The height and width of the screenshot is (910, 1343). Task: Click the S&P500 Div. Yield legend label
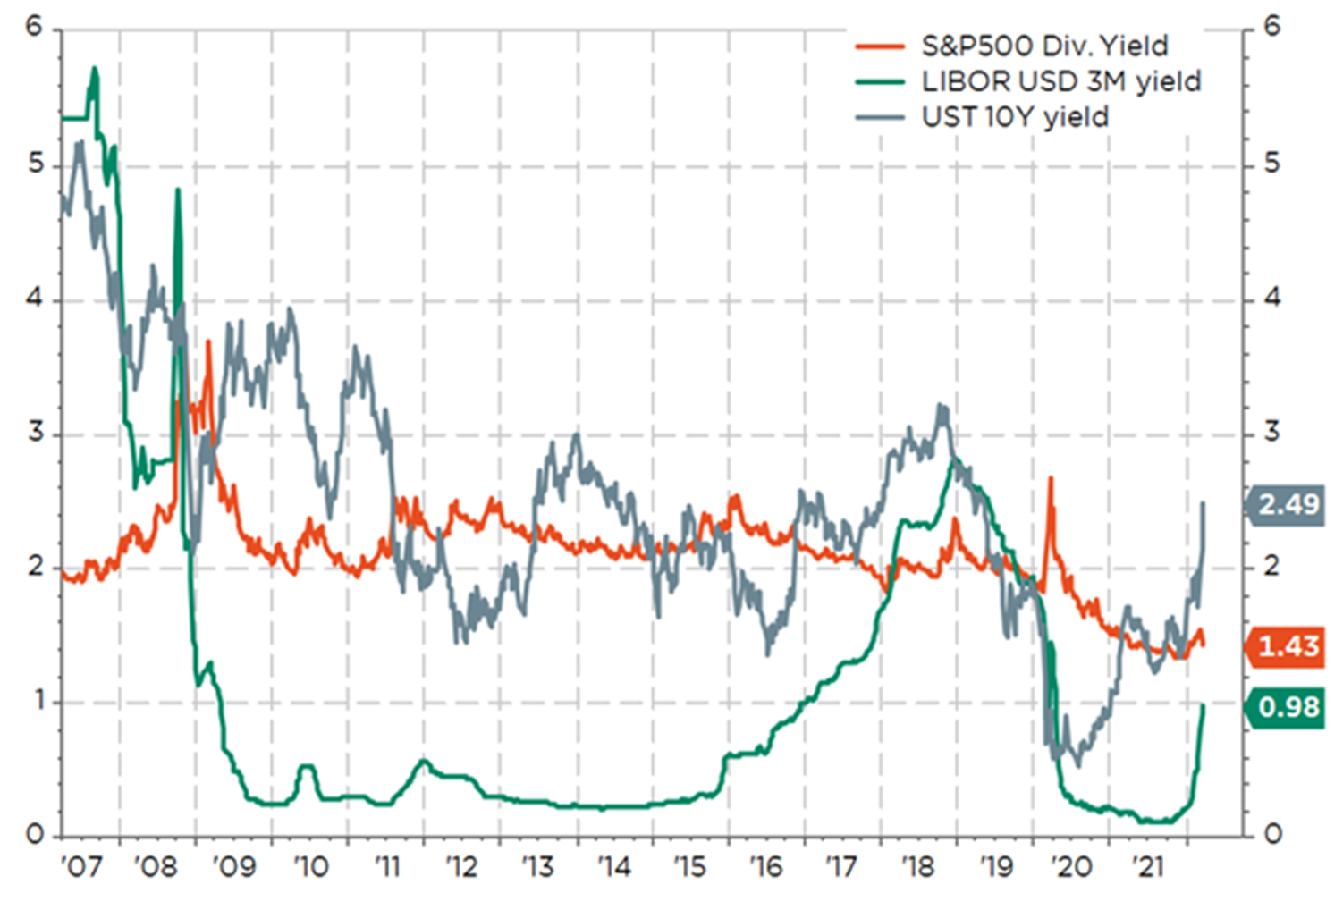(1044, 46)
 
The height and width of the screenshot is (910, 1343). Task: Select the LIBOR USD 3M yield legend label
(1060, 81)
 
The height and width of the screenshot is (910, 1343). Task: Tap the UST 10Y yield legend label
(1015, 117)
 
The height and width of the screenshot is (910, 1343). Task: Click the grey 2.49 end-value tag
(1288, 505)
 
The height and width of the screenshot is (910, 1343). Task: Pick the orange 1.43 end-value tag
(1288, 646)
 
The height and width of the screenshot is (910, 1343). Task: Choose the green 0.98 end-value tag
(1288, 707)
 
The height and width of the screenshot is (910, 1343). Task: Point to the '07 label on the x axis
(81, 866)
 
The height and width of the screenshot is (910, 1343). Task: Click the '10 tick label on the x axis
(310, 866)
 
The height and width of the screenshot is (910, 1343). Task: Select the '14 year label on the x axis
(614, 866)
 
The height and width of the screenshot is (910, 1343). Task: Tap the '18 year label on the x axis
(918, 866)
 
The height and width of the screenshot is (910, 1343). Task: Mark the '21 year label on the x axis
(1147, 866)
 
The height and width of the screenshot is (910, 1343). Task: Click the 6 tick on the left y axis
(35, 27)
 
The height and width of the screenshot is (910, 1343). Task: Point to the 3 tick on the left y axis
(35, 433)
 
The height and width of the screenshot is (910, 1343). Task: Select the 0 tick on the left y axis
(35, 835)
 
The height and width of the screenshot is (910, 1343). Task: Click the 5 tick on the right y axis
(1272, 164)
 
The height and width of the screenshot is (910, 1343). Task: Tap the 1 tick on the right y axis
(1272, 701)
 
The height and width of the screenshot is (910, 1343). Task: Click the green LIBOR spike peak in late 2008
(177, 190)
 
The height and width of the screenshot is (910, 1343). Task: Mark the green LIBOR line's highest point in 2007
(94, 69)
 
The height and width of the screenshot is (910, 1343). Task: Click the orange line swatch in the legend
(880, 46)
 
